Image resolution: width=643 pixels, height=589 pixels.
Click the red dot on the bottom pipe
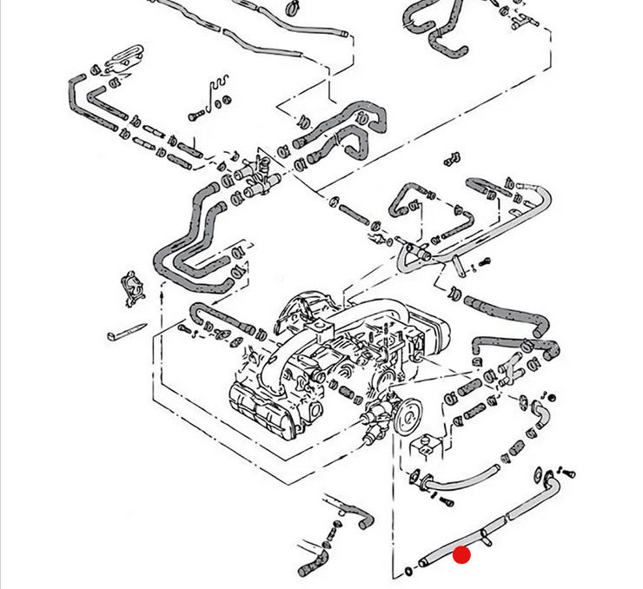pos(461,554)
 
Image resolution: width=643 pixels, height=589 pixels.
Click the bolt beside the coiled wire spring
pos(196,114)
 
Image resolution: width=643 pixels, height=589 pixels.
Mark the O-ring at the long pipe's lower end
pos(408,571)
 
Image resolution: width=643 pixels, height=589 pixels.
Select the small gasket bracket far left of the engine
pos(131,286)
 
